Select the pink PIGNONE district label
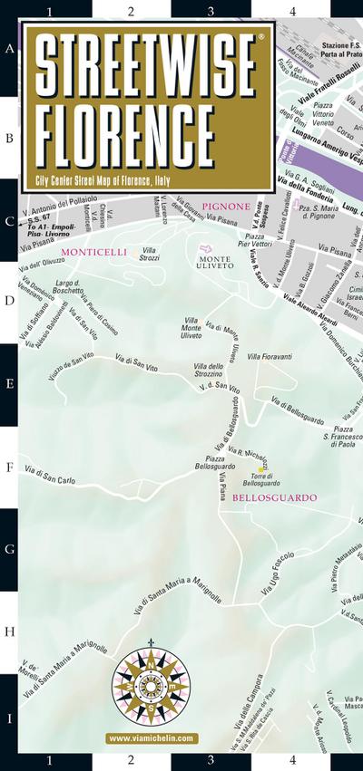click(226, 207)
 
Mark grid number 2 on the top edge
click(132, 10)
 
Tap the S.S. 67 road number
click(39, 218)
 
